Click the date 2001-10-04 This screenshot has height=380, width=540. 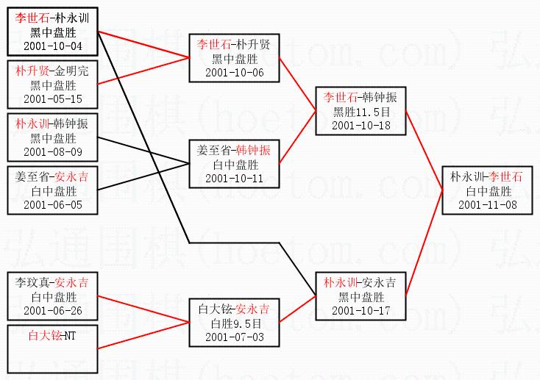click(51, 46)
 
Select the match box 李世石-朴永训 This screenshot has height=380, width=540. click(51, 32)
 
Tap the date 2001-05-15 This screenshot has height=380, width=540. click(53, 98)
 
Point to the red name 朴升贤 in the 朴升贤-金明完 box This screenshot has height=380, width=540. click(32, 71)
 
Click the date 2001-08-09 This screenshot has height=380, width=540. click(51, 151)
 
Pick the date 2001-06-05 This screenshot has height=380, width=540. click(53, 204)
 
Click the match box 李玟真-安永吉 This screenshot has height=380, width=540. click(51, 296)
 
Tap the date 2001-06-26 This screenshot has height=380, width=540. click(53, 310)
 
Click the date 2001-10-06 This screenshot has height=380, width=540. click(233, 72)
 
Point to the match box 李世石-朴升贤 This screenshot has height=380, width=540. click(233, 58)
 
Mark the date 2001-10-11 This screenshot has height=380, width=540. click(233, 178)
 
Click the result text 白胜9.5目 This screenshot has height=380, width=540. click(233, 323)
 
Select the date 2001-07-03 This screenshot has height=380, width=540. click(233, 337)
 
